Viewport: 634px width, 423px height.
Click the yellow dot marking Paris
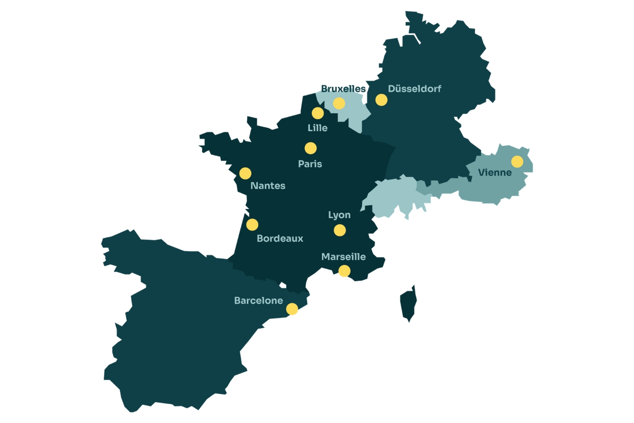pos(310,148)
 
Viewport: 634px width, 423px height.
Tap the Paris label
pos(310,164)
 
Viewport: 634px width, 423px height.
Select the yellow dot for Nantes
pos(245,173)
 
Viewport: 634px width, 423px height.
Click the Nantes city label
pos(268,186)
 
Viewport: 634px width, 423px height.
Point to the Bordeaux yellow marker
pos(252,225)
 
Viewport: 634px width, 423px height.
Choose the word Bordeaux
pos(280,238)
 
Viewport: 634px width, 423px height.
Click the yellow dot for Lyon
pos(339,230)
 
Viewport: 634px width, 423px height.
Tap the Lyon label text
pos(339,215)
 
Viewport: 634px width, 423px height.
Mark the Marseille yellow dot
pos(344,271)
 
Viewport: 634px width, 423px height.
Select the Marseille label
pos(343,257)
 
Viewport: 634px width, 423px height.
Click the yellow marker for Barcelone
pos(292,309)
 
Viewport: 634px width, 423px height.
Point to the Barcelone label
pos(258,301)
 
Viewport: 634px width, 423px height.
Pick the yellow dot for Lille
pos(317,113)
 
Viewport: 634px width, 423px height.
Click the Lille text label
pos(317,128)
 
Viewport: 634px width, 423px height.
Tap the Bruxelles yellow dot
pos(339,103)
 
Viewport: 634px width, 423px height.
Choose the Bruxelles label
pos(343,89)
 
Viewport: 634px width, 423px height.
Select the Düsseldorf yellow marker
pos(381,100)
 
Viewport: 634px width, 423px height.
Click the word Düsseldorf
pos(414,89)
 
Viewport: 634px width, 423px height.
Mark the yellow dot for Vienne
pos(517,162)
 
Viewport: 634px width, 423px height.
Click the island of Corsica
pos(409,304)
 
